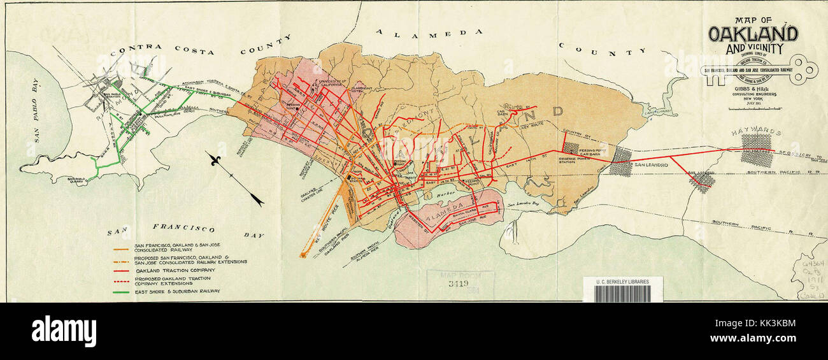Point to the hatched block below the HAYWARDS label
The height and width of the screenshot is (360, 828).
pos(756,150)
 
